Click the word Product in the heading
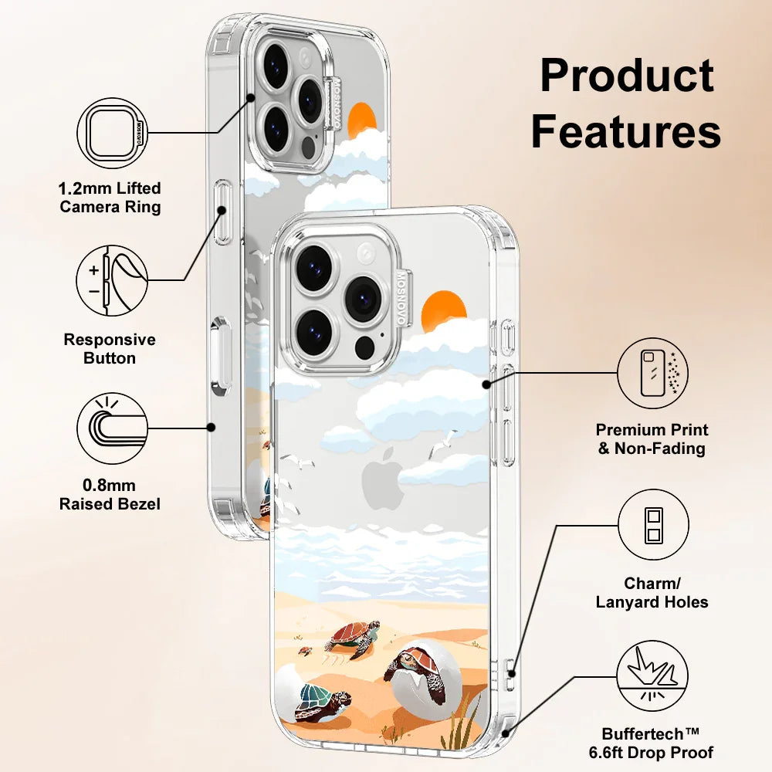pyautogui.click(x=626, y=76)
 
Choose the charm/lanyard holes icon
pyautogui.click(x=653, y=525)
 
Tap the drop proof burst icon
pyautogui.click(x=653, y=677)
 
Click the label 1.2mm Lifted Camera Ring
pyautogui.click(x=110, y=198)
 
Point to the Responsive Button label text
pyautogui.click(x=110, y=349)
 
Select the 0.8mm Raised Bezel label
pyautogui.click(x=110, y=495)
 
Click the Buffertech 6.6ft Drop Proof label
pyautogui.click(x=658, y=742)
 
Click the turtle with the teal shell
pyautogui.click(x=322, y=699)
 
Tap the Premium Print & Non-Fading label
pyautogui.click(x=652, y=438)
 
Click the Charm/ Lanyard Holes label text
pyautogui.click(x=652, y=593)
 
